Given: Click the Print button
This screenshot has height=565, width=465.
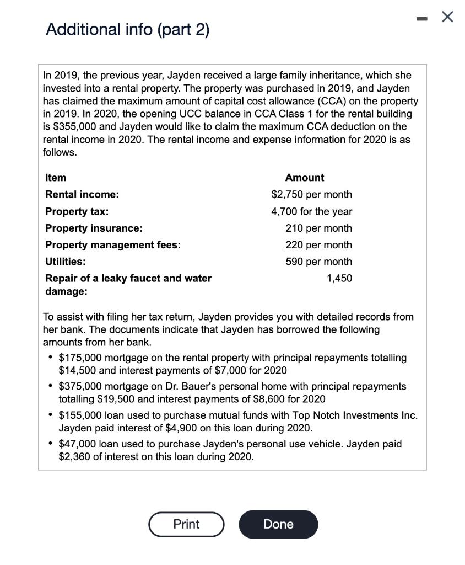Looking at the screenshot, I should pyautogui.click(x=186, y=524).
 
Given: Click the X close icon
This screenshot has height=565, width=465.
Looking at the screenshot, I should pyautogui.click(x=447, y=18).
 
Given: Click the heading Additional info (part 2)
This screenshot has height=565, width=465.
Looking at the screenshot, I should pyautogui.click(x=128, y=29).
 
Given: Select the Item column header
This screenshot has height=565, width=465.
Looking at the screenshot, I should pyautogui.click(x=56, y=178).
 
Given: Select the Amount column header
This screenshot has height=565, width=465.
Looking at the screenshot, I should pyautogui.click(x=305, y=178).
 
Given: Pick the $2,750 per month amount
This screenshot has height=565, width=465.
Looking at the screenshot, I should pyautogui.click(x=312, y=195).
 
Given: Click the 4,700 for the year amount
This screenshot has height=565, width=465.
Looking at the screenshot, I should pyautogui.click(x=312, y=211).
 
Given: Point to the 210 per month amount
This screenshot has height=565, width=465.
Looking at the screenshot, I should pyautogui.click(x=318, y=228).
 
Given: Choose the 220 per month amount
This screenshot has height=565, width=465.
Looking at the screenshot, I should pyautogui.click(x=318, y=245).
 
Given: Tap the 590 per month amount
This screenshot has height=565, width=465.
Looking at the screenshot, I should pyautogui.click(x=318, y=262).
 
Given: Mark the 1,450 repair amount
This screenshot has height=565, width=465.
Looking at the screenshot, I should pyautogui.click(x=339, y=278).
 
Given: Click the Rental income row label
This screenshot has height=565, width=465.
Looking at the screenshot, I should pyautogui.click(x=82, y=195).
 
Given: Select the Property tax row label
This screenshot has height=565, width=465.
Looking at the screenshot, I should pyautogui.click(x=77, y=211).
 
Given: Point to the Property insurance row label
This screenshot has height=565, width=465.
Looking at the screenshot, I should pyautogui.click(x=94, y=228).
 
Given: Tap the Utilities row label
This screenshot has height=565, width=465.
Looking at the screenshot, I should pyautogui.click(x=66, y=262).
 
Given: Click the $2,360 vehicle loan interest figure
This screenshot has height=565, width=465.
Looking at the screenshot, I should pyautogui.click(x=76, y=457).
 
